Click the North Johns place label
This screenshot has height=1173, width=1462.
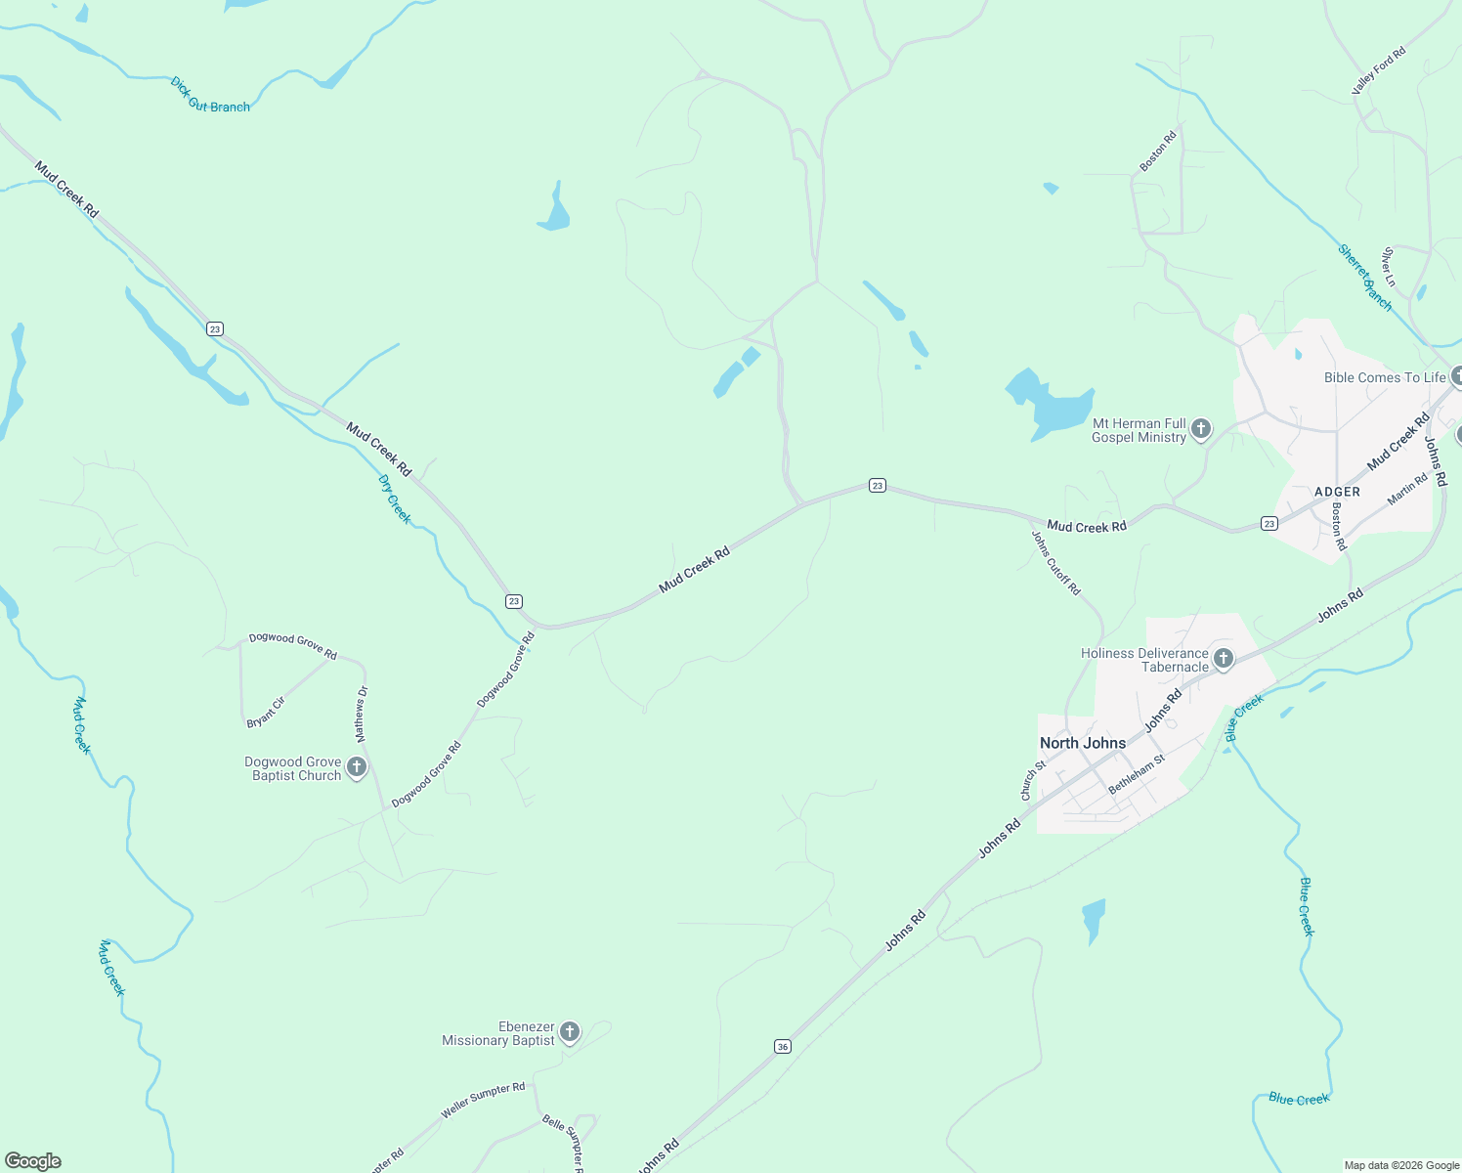tap(1083, 743)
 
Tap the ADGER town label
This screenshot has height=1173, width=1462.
tap(1337, 492)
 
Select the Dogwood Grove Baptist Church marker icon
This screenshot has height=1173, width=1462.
tap(357, 766)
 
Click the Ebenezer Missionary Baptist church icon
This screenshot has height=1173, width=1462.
tap(569, 1031)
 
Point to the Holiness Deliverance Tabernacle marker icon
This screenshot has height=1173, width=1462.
tap(1223, 659)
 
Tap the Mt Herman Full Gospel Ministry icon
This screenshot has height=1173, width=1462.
tap(1201, 428)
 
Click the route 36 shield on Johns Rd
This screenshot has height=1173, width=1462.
tap(782, 1046)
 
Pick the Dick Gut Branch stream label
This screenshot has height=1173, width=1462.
tap(210, 96)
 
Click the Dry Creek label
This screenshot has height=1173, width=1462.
tap(395, 499)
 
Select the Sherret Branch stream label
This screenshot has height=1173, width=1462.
tap(1365, 277)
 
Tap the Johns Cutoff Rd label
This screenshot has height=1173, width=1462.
tap(1056, 562)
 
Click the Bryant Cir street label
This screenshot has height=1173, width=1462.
tap(266, 713)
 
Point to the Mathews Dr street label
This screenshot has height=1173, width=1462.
tap(362, 713)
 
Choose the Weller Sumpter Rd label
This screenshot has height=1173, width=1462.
tap(483, 1100)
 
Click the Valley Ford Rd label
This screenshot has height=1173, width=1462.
tap(1378, 70)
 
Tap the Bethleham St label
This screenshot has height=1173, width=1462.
tap(1137, 774)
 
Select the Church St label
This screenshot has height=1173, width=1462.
tap(1033, 780)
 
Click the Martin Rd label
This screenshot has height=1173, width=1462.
tap(1407, 490)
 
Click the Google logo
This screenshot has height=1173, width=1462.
tap(33, 1161)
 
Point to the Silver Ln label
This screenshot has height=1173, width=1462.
tap(1389, 267)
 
